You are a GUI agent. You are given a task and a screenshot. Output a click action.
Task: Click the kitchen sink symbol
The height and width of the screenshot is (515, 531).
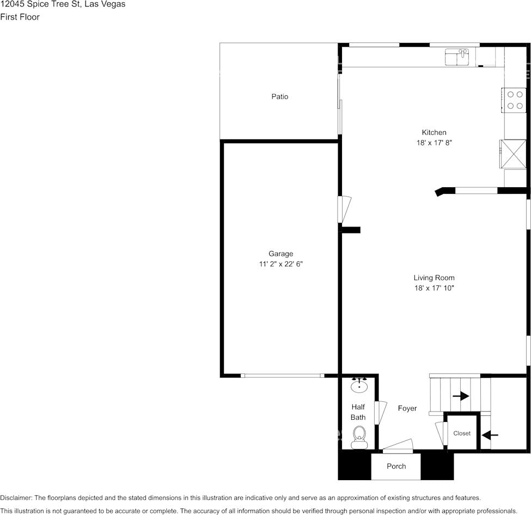point(457,56)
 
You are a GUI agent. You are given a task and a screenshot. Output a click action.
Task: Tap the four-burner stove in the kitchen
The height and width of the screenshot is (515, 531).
point(514,100)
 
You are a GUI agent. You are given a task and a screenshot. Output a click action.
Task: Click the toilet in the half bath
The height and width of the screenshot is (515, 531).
point(359,437)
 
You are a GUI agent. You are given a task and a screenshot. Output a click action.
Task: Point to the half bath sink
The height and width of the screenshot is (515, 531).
point(359,386)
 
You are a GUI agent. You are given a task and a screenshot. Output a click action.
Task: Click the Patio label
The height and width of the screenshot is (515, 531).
point(280,96)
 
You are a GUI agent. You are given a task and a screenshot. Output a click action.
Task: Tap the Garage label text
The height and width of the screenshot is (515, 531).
point(280,254)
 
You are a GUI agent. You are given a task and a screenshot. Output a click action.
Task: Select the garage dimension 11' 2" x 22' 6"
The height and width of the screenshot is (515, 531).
point(280,264)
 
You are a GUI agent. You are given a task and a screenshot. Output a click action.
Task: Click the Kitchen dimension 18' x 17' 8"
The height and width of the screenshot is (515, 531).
point(434,143)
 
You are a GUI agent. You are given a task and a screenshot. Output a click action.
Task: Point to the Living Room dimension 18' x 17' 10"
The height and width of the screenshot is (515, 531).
point(434,288)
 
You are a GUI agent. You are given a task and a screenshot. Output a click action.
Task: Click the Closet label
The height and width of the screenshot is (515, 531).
point(462,433)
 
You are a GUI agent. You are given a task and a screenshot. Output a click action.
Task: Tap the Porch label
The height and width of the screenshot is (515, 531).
point(396,466)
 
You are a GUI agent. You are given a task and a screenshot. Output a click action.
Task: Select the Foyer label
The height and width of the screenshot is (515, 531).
point(407,408)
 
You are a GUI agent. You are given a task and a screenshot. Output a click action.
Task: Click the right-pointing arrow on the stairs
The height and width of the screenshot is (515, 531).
point(461,396)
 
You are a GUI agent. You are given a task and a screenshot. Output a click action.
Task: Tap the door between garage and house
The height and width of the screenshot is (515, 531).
point(344,209)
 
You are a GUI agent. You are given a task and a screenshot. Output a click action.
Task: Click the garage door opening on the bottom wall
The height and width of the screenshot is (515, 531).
point(283,375)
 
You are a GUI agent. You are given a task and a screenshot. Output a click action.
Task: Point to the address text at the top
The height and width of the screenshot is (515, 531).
point(63,4)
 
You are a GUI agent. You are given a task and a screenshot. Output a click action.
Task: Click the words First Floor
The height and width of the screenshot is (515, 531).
point(20,17)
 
